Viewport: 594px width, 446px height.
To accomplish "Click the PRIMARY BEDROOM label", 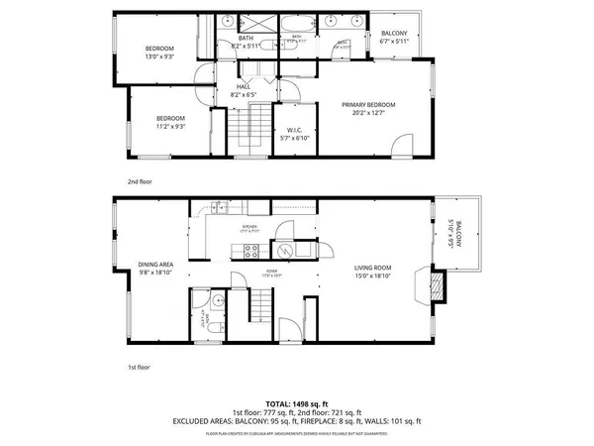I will (x=368, y=105).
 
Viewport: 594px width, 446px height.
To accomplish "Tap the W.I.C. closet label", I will (x=294, y=131).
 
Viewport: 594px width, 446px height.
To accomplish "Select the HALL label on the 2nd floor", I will (x=243, y=88).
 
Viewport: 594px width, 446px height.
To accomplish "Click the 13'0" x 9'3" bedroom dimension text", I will (x=160, y=56).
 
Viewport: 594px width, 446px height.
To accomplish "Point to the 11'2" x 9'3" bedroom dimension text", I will (x=170, y=127).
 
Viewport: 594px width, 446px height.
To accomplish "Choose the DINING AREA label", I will (x=156, y=265).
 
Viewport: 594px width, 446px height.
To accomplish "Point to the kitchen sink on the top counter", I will (x=219, y=209).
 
